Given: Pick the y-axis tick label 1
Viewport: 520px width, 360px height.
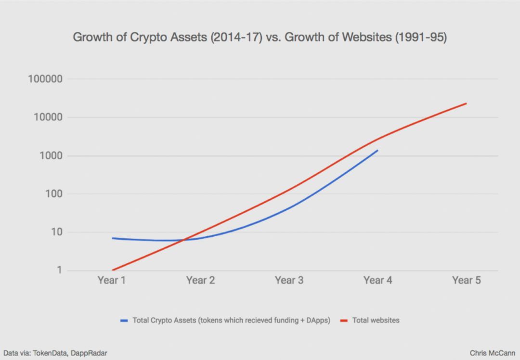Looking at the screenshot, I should click(59, 270).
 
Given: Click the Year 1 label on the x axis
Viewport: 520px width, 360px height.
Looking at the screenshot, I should click(112, 281).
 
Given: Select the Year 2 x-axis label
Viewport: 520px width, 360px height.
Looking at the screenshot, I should click(200, 281).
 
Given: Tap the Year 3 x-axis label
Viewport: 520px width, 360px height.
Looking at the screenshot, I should click(289, 281).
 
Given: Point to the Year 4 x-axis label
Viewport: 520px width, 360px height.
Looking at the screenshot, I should click(377, 281).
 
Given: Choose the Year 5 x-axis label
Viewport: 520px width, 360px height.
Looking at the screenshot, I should click(466, 281).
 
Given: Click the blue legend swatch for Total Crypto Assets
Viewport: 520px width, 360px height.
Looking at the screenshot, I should click(124, 320).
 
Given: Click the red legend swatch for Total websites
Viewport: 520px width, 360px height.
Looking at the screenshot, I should click(344, 320).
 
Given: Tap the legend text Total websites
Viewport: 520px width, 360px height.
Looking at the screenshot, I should click(376, 320).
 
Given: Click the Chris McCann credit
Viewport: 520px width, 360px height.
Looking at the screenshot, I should click(492, 353).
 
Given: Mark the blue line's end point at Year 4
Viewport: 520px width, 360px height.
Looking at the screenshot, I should click(377, 150).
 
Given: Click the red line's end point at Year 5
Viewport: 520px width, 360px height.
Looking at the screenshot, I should click(466, 103).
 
